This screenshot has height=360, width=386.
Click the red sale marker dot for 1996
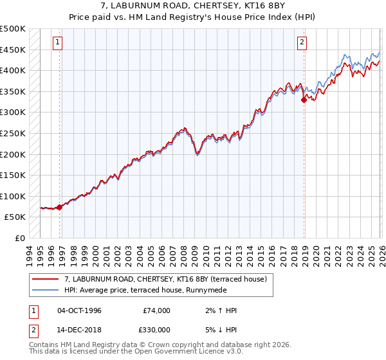point(60,207)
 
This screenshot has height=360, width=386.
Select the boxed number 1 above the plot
point(58,43)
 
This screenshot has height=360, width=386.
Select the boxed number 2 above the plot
point(302,43)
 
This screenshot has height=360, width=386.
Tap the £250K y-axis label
point(13,134)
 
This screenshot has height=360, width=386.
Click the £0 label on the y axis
point(19,239)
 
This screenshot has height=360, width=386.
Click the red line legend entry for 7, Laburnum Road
point(169,278)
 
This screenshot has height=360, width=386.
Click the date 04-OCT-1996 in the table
point(79,310)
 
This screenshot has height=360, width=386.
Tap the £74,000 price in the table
point(156,310)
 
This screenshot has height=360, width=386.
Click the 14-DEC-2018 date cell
point(79,329)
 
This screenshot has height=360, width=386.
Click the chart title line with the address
point(193,6)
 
